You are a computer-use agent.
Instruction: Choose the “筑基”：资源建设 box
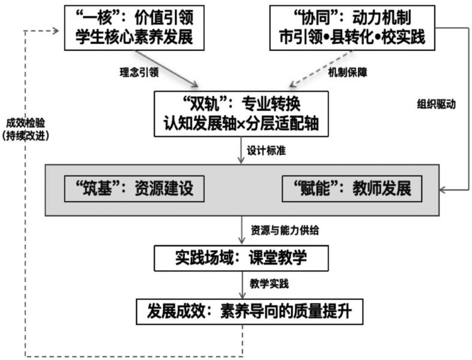(x=133, y=189)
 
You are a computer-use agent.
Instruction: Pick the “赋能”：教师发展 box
(x=352, y=189)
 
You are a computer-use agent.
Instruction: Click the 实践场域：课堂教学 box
(x=241, y=259)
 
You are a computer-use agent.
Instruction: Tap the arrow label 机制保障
(x=348, y=71)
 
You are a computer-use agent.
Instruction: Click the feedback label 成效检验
(x=26, y=123)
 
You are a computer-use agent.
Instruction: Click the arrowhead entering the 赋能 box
(x=443, y=190)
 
